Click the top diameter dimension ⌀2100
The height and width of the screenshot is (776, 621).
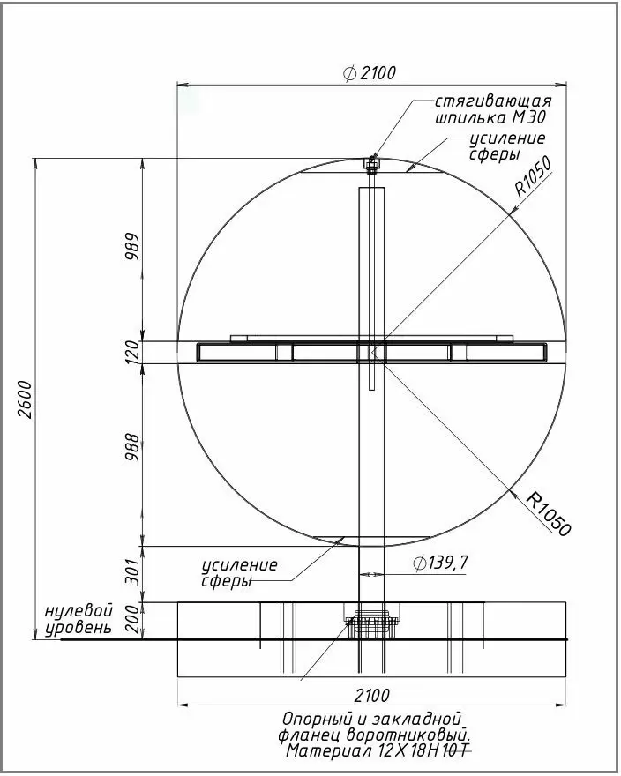point(370,73)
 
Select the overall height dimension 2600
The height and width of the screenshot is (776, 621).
point(24,399)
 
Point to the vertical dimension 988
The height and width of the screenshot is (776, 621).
point(132,447)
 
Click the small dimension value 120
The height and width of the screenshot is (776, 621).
point(132,353)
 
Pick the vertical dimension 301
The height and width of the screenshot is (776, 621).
point(132,572)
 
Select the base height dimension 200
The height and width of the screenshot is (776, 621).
point(132,619)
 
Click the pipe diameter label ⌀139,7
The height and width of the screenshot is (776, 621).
point(440,563)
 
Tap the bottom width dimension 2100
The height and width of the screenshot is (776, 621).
point(372,696)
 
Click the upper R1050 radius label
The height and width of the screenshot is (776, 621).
point(533,176)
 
